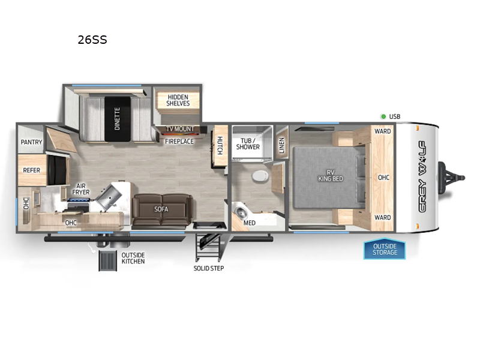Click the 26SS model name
(92, 41)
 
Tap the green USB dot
(382, 116)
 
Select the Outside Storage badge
(384, 249)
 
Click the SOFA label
(161, 209)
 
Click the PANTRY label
(31, 142)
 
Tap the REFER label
(31, 170)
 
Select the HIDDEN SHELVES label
(178, 100)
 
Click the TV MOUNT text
(179, 129)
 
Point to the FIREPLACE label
(179, 142)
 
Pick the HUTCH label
(220, 145)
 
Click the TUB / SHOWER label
(248, 143)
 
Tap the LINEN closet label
(281, 145)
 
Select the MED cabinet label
(249, 223)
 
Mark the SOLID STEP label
(209, 268)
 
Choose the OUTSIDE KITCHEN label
(133, 258)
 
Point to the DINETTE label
(117, 119)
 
